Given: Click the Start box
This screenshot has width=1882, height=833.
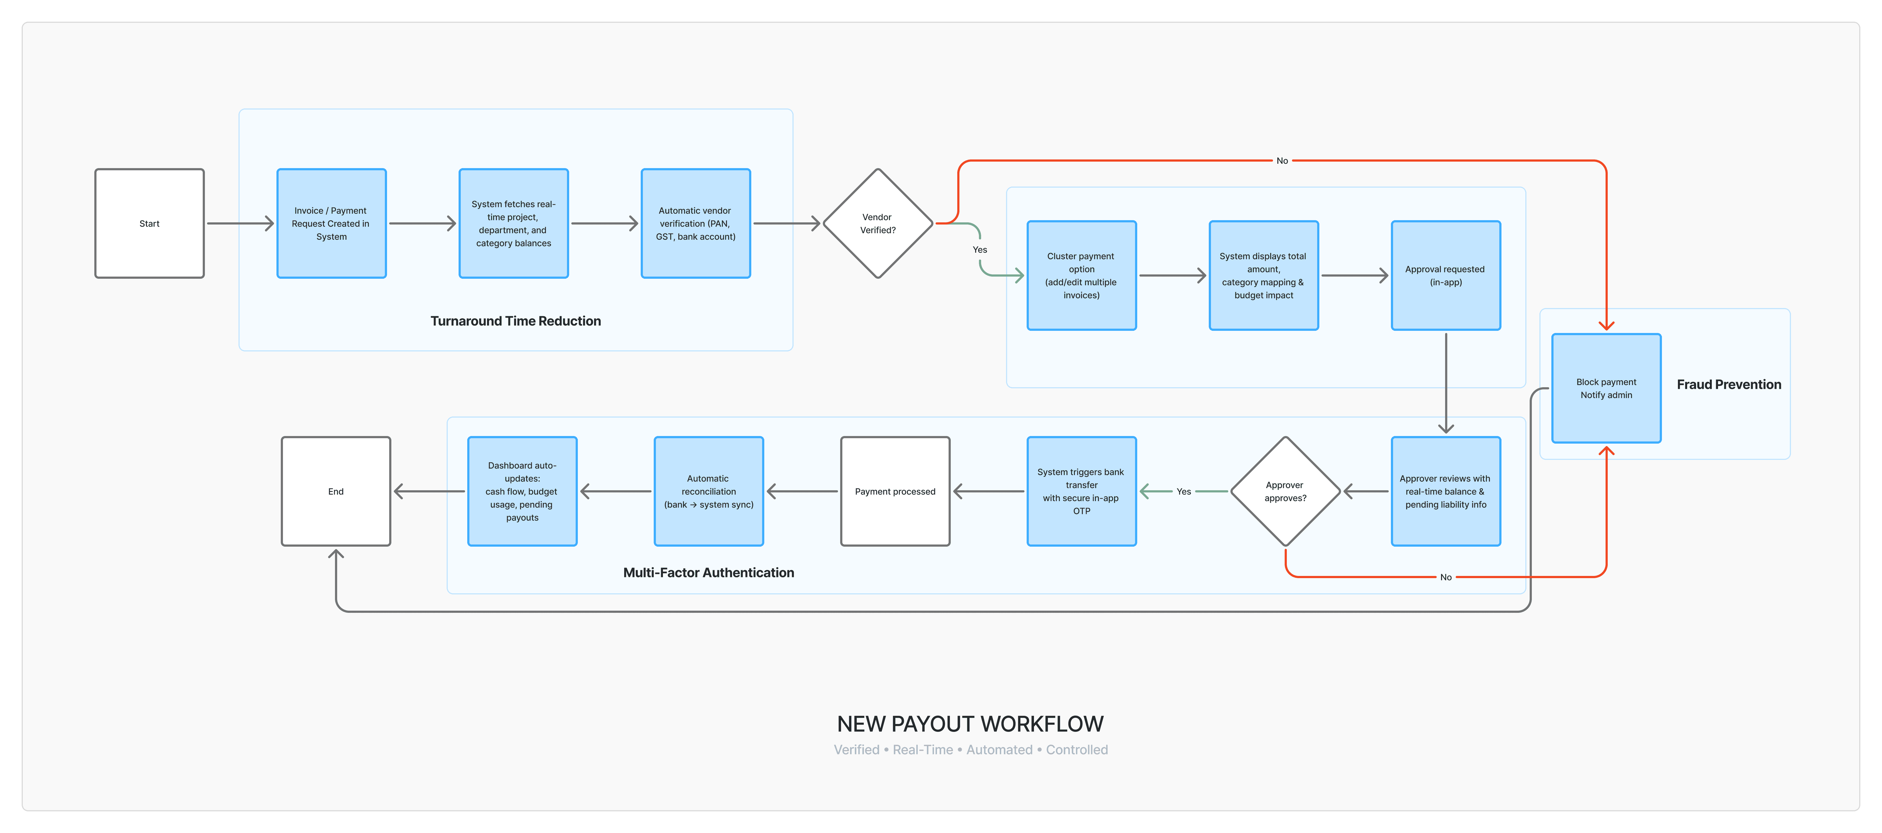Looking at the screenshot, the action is (149, 224).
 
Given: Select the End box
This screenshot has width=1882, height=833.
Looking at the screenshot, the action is (336, 491).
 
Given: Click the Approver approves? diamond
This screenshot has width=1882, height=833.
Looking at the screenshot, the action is (1285, 491).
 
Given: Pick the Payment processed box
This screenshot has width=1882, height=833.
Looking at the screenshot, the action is (895, 491).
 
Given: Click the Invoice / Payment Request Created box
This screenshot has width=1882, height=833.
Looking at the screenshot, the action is (332, 224).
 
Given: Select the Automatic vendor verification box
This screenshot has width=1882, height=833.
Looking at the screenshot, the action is (695, 224).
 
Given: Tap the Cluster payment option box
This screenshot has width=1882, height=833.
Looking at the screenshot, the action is (1081, 275).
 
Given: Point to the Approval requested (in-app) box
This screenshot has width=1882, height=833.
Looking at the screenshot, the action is (1446, 275).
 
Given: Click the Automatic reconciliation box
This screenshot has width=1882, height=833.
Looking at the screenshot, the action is (709, 491).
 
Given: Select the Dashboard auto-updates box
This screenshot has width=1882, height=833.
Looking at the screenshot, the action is (522, 491).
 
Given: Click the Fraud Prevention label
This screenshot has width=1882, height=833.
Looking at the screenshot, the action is (1729, 384).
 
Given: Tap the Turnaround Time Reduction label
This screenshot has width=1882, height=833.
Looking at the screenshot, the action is (516, 321).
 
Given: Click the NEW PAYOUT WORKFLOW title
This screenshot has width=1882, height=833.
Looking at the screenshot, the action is (970, 724).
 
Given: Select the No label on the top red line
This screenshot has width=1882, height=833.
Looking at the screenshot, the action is (1282, 161).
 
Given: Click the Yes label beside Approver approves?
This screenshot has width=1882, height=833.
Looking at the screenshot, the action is (1184, 492).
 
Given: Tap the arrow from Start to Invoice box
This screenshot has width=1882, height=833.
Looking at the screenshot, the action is (240, 224).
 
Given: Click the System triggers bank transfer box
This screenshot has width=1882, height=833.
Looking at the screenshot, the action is (1081, 491).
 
